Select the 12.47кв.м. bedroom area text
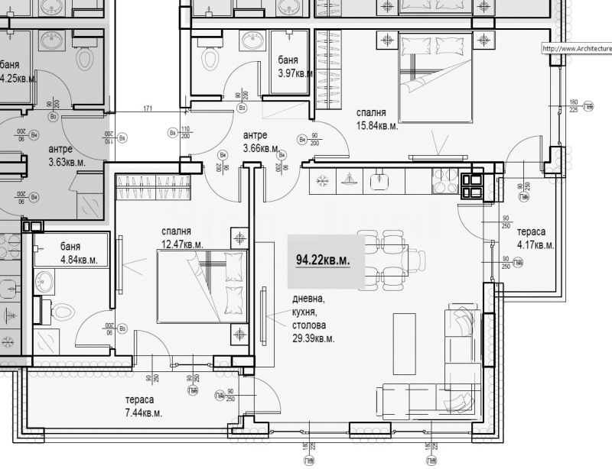[x=182, y=244]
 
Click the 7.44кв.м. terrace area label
[x=144, y=412]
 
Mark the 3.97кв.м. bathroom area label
[x=295, y=73]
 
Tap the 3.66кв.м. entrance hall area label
[x=260, y=148]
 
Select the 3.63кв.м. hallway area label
[x=66, y=162]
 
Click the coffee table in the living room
[x=405, y=344]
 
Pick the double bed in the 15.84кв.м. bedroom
[x=434, y=76]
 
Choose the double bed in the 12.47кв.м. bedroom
[x=203, y=286]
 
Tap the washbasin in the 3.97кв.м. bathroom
[x=251, y=40]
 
